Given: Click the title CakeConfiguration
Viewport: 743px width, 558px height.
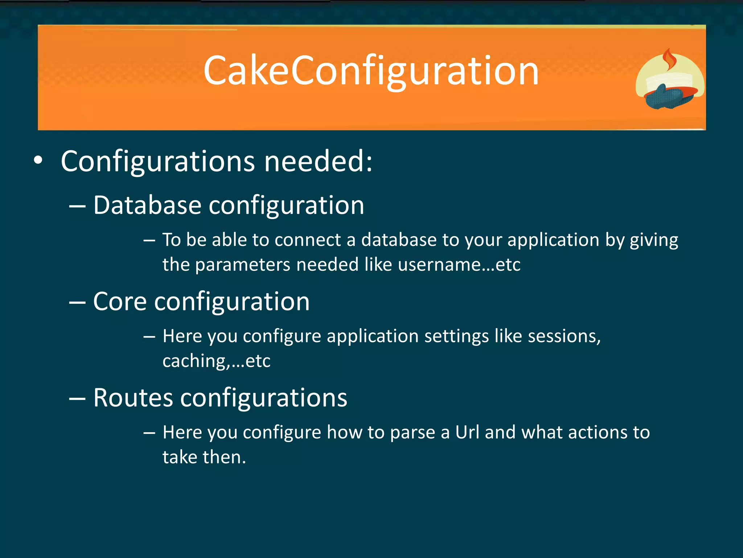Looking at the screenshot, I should [x=371, y=71].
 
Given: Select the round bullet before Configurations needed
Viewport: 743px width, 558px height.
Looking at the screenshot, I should [x=38, y=161].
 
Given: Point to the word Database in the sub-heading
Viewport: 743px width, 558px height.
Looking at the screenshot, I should [x=147, y=205].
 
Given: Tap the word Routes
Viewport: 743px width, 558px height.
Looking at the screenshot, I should [x=133, y=397].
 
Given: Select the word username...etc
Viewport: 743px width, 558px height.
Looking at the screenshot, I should [x=459, y=264].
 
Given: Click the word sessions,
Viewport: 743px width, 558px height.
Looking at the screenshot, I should [x=564, y=336].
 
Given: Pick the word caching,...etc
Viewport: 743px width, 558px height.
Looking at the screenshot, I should [x=216, y=361].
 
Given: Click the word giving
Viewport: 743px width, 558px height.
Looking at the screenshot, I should [x=654, y=240].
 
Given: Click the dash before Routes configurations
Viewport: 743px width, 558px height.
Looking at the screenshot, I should [x=77, y=399].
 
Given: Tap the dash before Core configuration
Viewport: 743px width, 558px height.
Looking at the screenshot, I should [x=77, y=302].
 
